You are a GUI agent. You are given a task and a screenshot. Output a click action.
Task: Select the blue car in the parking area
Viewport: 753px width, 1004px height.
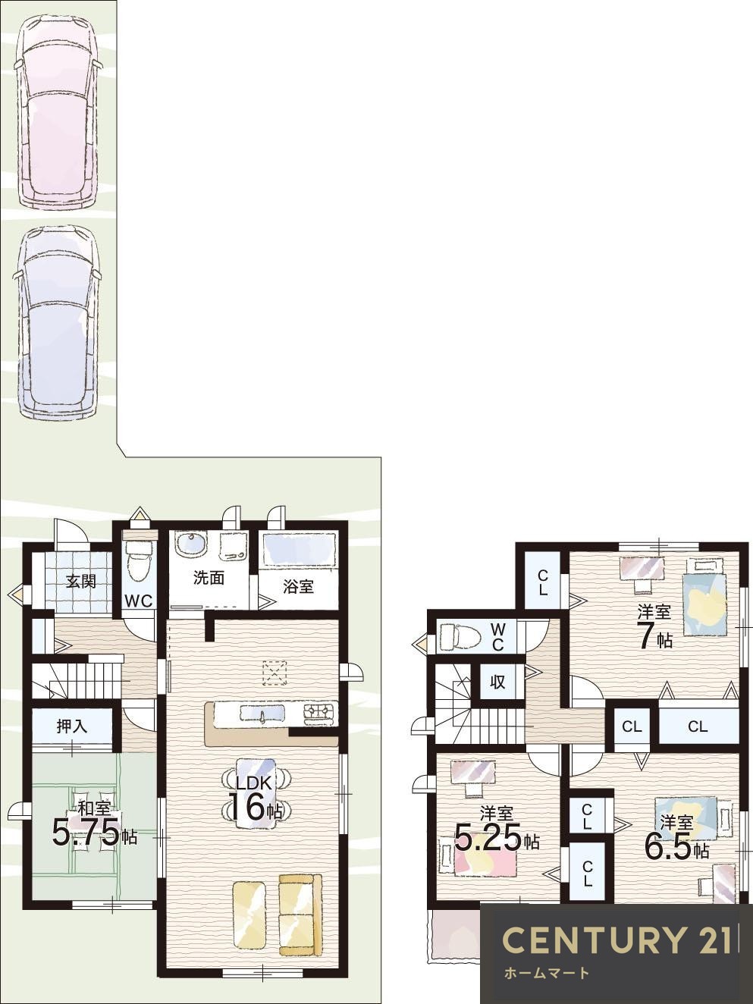(57, 322)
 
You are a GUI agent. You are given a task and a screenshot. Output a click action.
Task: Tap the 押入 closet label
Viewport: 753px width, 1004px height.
(72, 726)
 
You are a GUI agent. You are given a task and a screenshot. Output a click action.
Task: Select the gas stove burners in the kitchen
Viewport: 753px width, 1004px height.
(319, 712)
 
